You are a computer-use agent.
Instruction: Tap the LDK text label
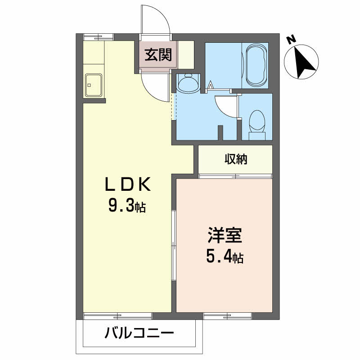127,185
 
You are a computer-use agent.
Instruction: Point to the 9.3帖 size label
127,207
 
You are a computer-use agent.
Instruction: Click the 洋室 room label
225,235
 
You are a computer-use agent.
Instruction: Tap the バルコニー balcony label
139,334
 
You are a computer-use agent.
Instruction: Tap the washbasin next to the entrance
188,83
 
